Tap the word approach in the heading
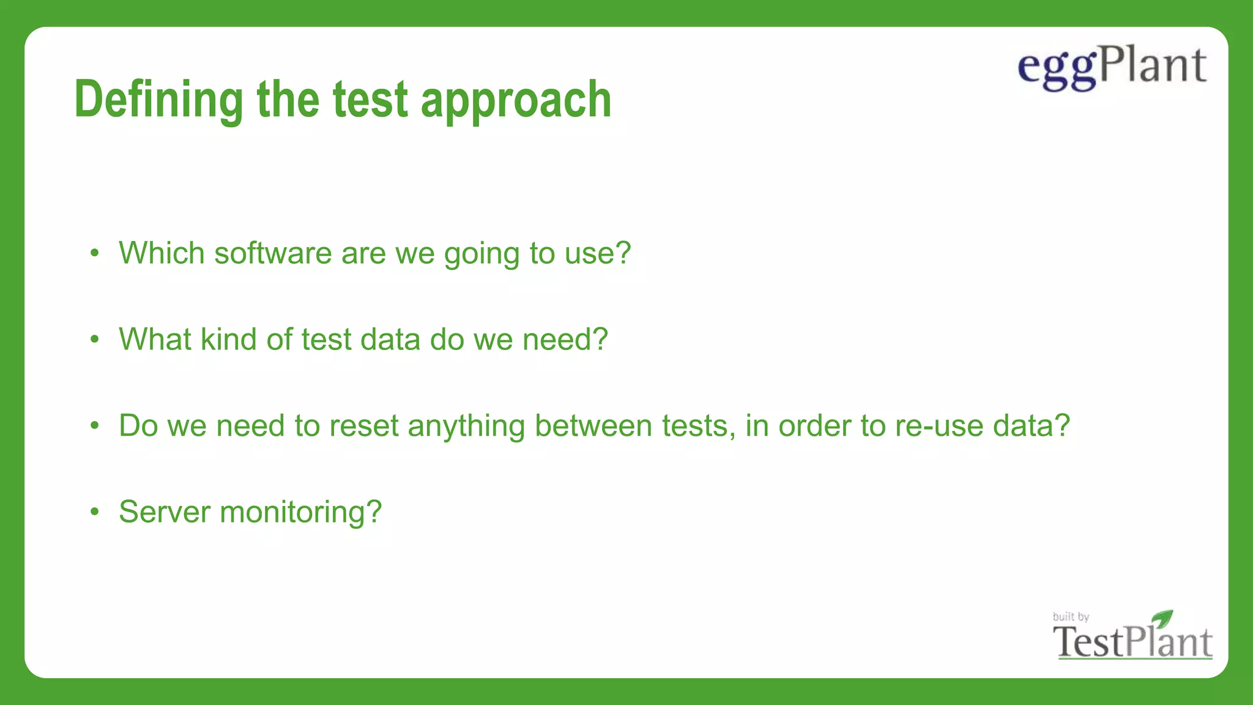[x=516, y=100]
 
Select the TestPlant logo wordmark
[x=1132, y=643]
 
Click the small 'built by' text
[x=1071, y=616]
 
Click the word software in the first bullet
[x=273, y=253]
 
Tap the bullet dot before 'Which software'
[x=94, y=253]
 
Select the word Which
[x=162, y=253]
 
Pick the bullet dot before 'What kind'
[x=94, y=340]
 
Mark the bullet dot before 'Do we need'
[x=94, y=426]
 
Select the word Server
[x=165, y=512]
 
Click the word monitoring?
[x=301, y=513]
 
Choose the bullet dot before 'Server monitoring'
[x=94, y=512]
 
